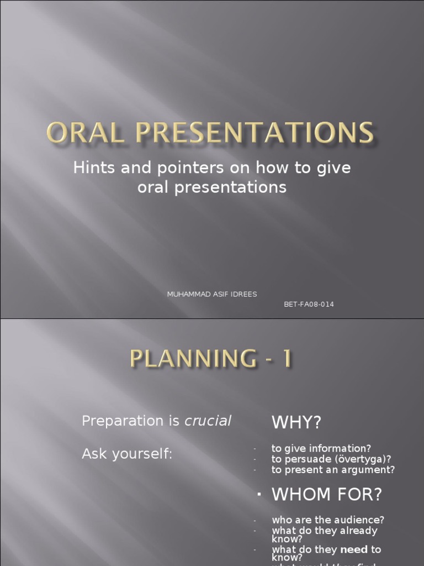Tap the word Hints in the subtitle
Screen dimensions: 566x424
(x=91, y=168)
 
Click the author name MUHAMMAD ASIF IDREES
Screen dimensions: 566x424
(x=212, y=294)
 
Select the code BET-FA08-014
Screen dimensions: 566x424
(x=309, y=304)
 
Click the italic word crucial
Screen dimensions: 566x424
(x=208, y=421)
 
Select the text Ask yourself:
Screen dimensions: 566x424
(x=127, y=454)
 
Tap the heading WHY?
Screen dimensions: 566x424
(x=296, y=423)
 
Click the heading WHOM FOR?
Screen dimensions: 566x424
(x=327, y=495)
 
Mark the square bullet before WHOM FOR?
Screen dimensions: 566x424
(x=258, y=495)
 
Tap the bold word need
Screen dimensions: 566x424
(x=354, y=549)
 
